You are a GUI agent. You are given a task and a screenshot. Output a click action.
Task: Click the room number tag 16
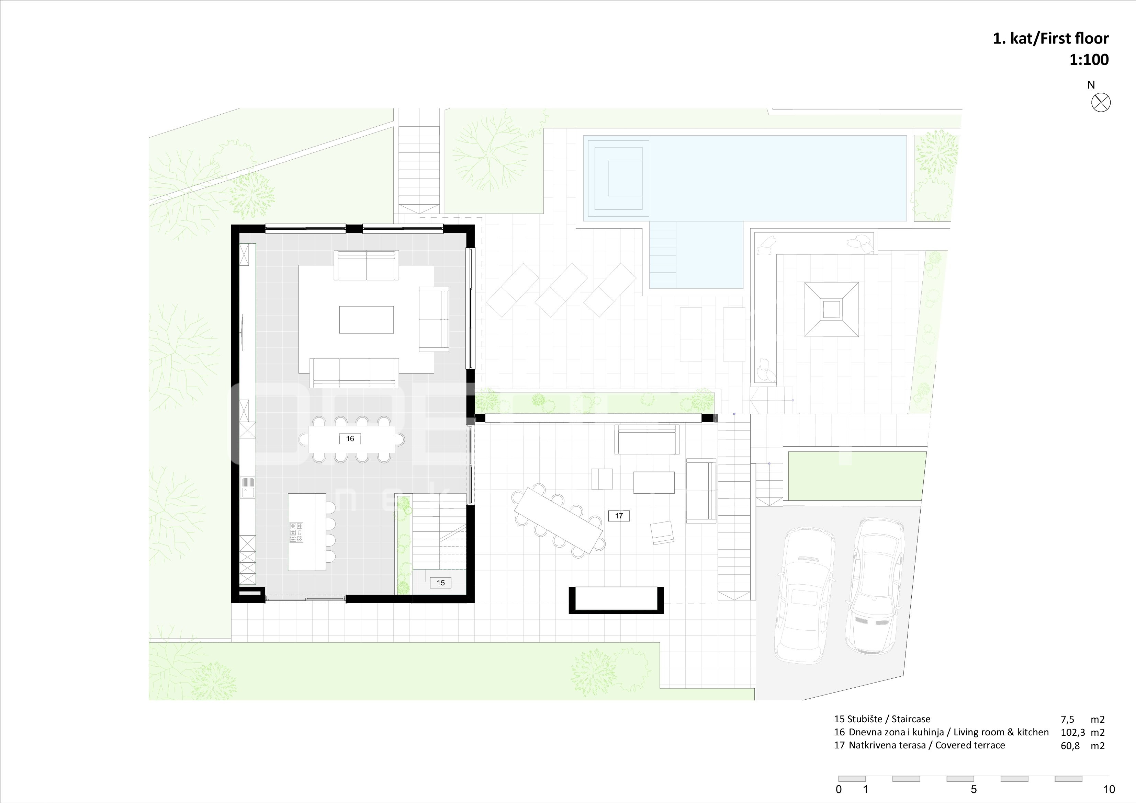point(350,439)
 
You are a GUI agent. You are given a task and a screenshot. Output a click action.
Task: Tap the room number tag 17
point(618,516)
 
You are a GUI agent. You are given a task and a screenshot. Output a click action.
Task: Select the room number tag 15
point(440,583)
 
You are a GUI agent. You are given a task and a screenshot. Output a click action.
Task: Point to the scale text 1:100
point(1089,60)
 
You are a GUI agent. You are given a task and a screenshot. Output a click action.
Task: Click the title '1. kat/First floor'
point(1051,38)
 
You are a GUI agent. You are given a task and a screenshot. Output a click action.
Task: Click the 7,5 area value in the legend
point(1068,720)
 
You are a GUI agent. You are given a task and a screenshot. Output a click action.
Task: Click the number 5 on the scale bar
point(974,789)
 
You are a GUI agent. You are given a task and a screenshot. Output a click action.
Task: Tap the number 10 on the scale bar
point(1109,789)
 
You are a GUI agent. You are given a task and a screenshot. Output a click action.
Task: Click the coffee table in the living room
point(367,319)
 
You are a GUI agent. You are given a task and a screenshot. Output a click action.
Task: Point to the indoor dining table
point(352,439)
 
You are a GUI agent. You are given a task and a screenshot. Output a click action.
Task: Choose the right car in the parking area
point(875,586)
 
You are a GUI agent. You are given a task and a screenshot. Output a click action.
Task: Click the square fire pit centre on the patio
point(832,310)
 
